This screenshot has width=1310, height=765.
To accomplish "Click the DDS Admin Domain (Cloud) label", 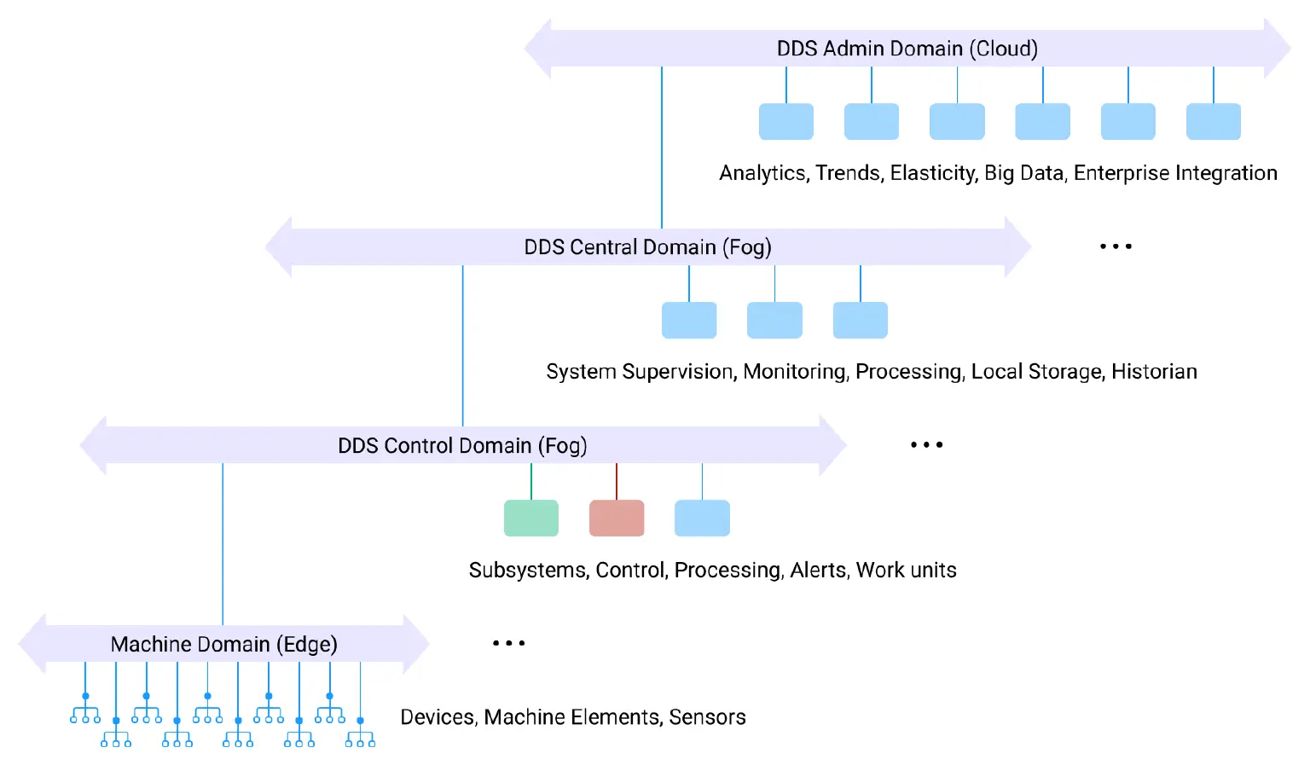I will click(x=907, y=49).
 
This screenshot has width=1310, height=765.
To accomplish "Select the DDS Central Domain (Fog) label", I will click(x=647, y=247).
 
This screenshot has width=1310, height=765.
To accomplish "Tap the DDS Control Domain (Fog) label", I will click(x=462, y=446).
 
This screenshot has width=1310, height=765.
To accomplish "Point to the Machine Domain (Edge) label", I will click(x=224, y=644).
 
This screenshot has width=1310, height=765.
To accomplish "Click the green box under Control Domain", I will click(x=531, y=518).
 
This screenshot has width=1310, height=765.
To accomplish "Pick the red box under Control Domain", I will click(x=617, y=518).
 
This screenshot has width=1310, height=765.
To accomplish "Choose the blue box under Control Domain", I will click(x=702, y=518).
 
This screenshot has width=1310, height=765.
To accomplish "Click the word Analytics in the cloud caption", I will click(x=762, y=173).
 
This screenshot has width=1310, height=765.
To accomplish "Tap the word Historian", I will click(x=1154, y=372).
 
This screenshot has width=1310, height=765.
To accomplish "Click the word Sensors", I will click(x=707, y=717).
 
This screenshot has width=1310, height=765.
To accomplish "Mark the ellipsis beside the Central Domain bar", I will click(x=1116, y=246).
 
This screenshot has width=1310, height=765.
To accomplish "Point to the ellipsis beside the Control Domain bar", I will click(x=926, y=445).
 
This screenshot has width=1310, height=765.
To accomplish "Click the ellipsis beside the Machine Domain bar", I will click(x=508, y=643).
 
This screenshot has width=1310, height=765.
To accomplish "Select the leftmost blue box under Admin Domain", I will click(x=785, y=121).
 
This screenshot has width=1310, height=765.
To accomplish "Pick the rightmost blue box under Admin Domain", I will click(x=1213, y=121).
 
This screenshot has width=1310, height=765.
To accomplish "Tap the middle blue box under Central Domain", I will click(x=774, y=320).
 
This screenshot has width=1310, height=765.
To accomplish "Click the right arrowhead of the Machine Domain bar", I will click(x=415, y=644).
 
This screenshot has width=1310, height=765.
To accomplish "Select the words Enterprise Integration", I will click(x=1175, y=173).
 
